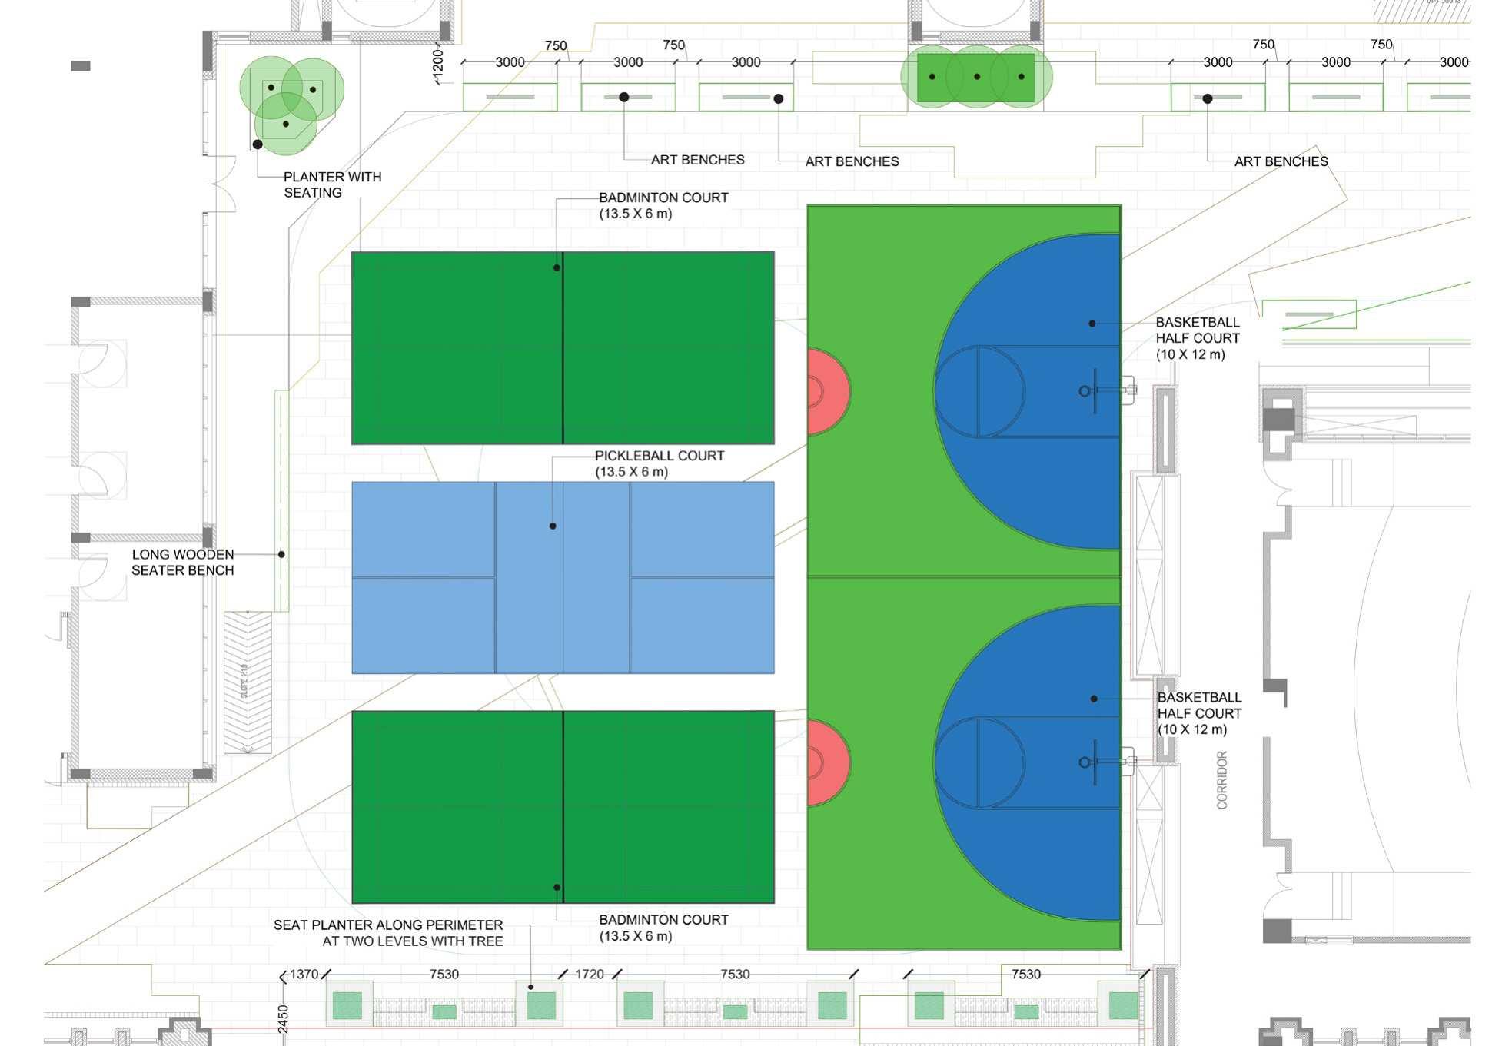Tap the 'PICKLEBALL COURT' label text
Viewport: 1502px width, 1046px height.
pos(659,456)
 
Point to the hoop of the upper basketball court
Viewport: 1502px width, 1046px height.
pos(1085,391)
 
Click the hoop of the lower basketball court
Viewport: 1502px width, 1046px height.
pos(1085,762)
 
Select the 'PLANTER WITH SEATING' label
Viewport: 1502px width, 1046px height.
pos(331,184)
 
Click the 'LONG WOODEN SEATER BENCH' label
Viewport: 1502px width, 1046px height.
pos(182,562)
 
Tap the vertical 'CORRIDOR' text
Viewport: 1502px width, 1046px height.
pos(1221,780)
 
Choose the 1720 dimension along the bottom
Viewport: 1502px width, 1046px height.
pos(590,974)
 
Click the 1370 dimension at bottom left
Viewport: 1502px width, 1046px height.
pos(304,974)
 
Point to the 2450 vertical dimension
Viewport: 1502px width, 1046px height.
pos(283,1018)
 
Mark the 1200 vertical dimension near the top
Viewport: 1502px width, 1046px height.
pos(438,61)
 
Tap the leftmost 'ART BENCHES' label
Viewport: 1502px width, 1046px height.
pos(697,160)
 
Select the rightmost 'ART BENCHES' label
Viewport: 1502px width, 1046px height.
pos(1281,161)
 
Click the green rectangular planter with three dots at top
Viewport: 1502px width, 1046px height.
pos(976,77)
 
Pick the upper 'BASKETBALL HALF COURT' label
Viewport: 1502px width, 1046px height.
pos(1197,338)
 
